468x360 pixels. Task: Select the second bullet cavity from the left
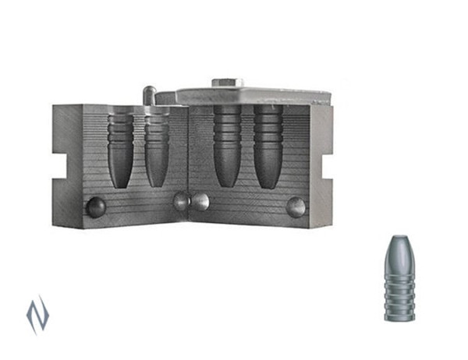tap(157, 148)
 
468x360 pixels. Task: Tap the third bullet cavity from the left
tap(227, 144)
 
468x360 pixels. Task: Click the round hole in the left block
tap(95, 206)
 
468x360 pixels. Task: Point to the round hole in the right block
tap(296, 206)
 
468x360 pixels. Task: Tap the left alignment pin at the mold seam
tap(181, 201)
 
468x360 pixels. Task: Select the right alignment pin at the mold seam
tap(200, 201)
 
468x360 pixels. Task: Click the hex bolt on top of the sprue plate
tap(227, 82)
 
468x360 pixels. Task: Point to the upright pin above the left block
tap(148, 94)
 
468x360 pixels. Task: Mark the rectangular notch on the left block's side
tap(58, 164)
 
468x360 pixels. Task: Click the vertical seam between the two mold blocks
tap(189, 164)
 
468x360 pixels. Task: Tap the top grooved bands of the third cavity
tap(227, 121)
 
